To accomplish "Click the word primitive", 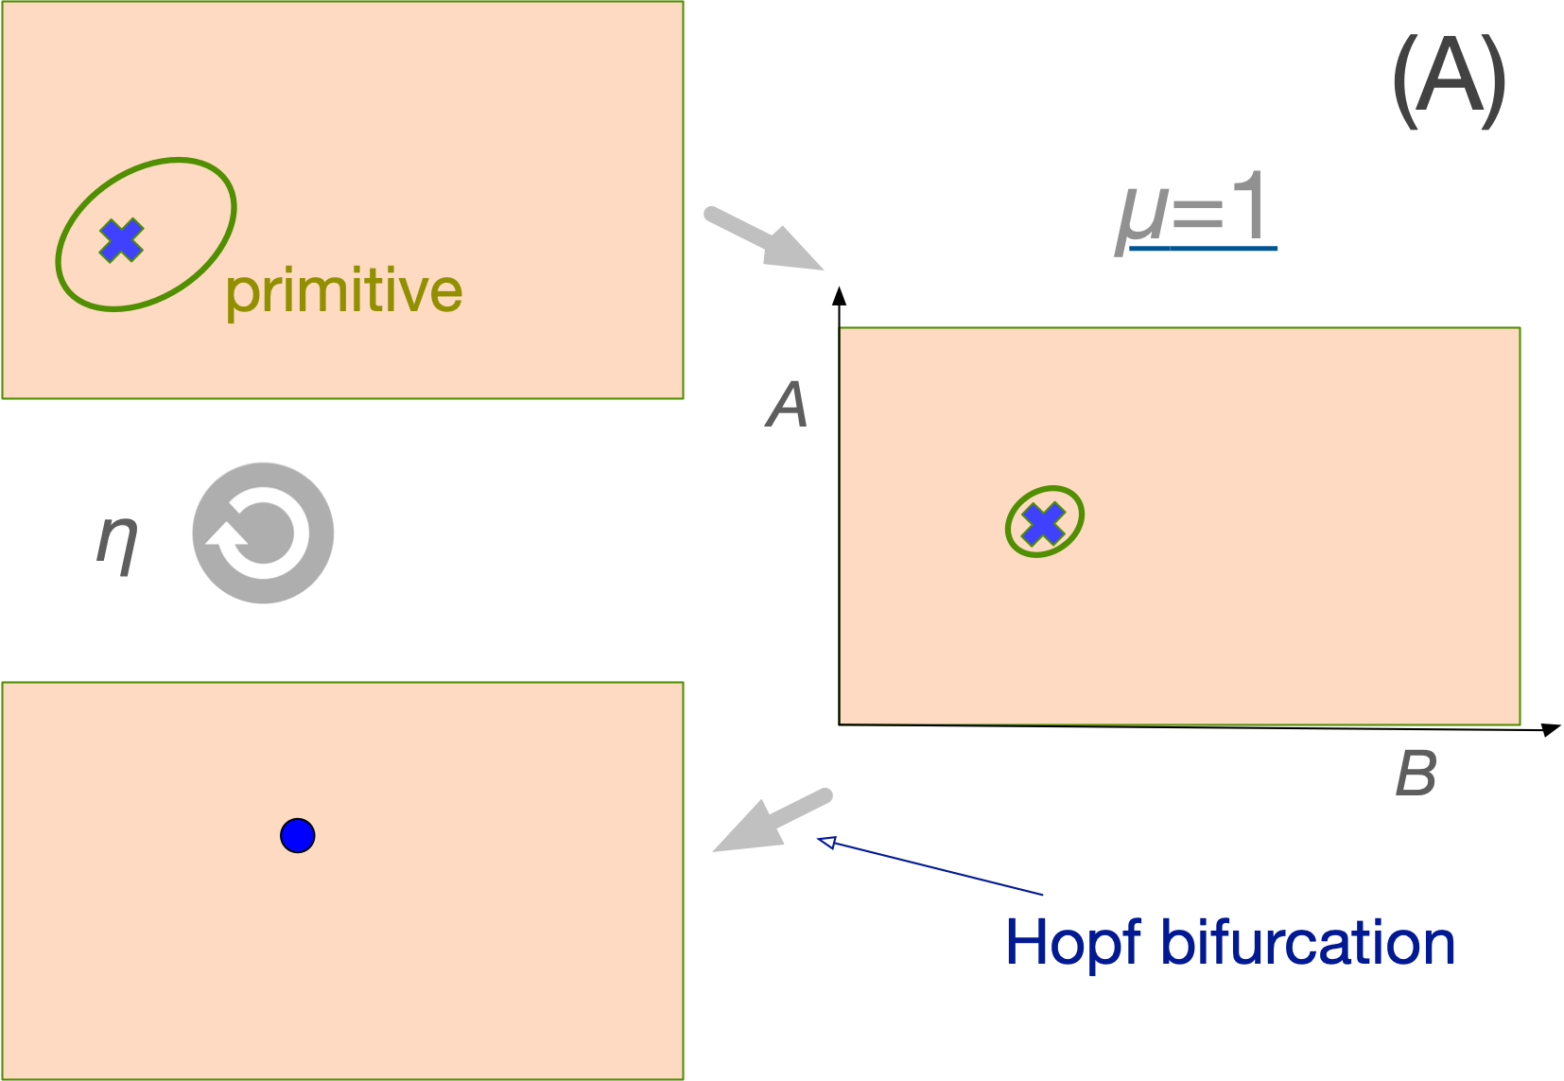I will (343, 291).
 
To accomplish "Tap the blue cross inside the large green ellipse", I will (122, 240).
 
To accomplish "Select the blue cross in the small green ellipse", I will (1044, 524).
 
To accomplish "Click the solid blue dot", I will (298, 836).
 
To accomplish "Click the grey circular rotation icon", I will (263, 532).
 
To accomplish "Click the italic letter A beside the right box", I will (787, 405).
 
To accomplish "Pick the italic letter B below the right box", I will (1416, 774).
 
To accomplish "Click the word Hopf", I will (1072, 944).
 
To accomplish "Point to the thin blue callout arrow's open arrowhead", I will (826, 842).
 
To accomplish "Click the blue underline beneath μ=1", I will (1203, 249).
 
